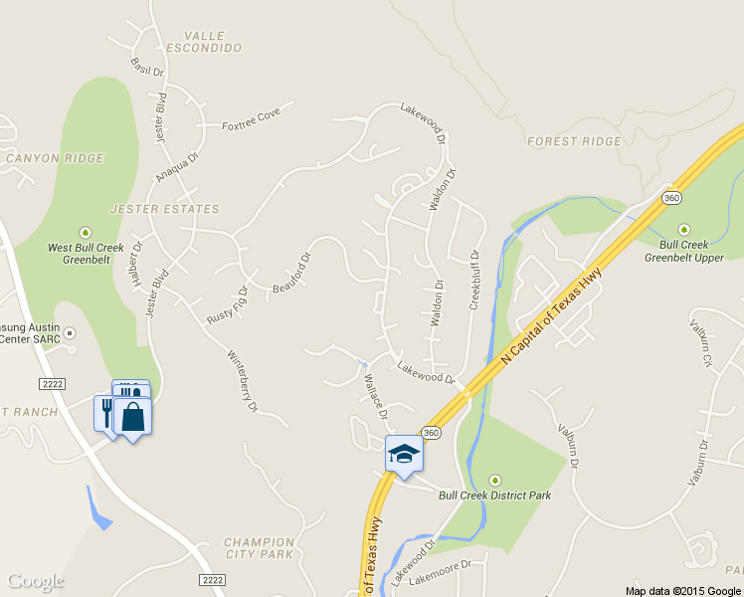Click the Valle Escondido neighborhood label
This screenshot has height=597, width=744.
(204, 41)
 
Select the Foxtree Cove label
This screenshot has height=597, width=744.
(252, 119)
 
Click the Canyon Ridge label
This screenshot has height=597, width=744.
(55, 158)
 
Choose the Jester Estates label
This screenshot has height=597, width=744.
(164, 209)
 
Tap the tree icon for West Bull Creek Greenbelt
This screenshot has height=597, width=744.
(86, 232)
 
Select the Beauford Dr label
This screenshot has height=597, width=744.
(291, 274)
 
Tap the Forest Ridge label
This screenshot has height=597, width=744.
(574, 141)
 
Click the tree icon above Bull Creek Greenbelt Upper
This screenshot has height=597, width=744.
(683, 229)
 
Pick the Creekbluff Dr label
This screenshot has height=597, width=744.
(474, 280)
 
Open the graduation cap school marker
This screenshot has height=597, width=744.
(404, 454)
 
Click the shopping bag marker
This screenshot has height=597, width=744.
(133, 416)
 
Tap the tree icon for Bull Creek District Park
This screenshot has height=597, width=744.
(495, 481)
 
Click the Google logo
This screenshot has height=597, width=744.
(36, 581)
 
